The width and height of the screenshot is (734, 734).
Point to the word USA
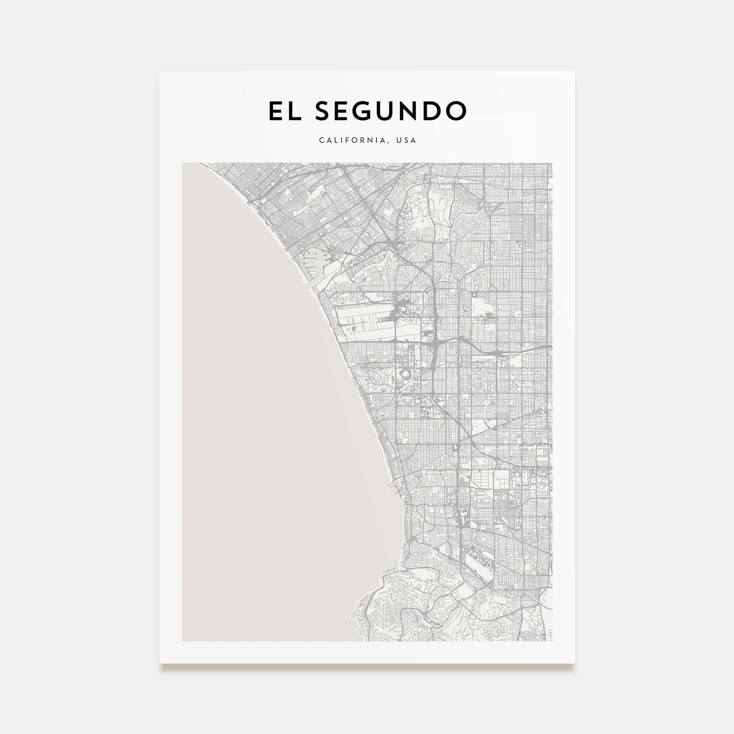[x=406, y=141]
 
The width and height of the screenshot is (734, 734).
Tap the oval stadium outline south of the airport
[x=404, y=374]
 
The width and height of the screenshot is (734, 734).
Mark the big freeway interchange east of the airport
[x=436, y=346]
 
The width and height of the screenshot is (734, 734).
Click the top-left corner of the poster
[x=160, y=71]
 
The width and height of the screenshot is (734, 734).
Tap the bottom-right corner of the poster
[x=575, y=664]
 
